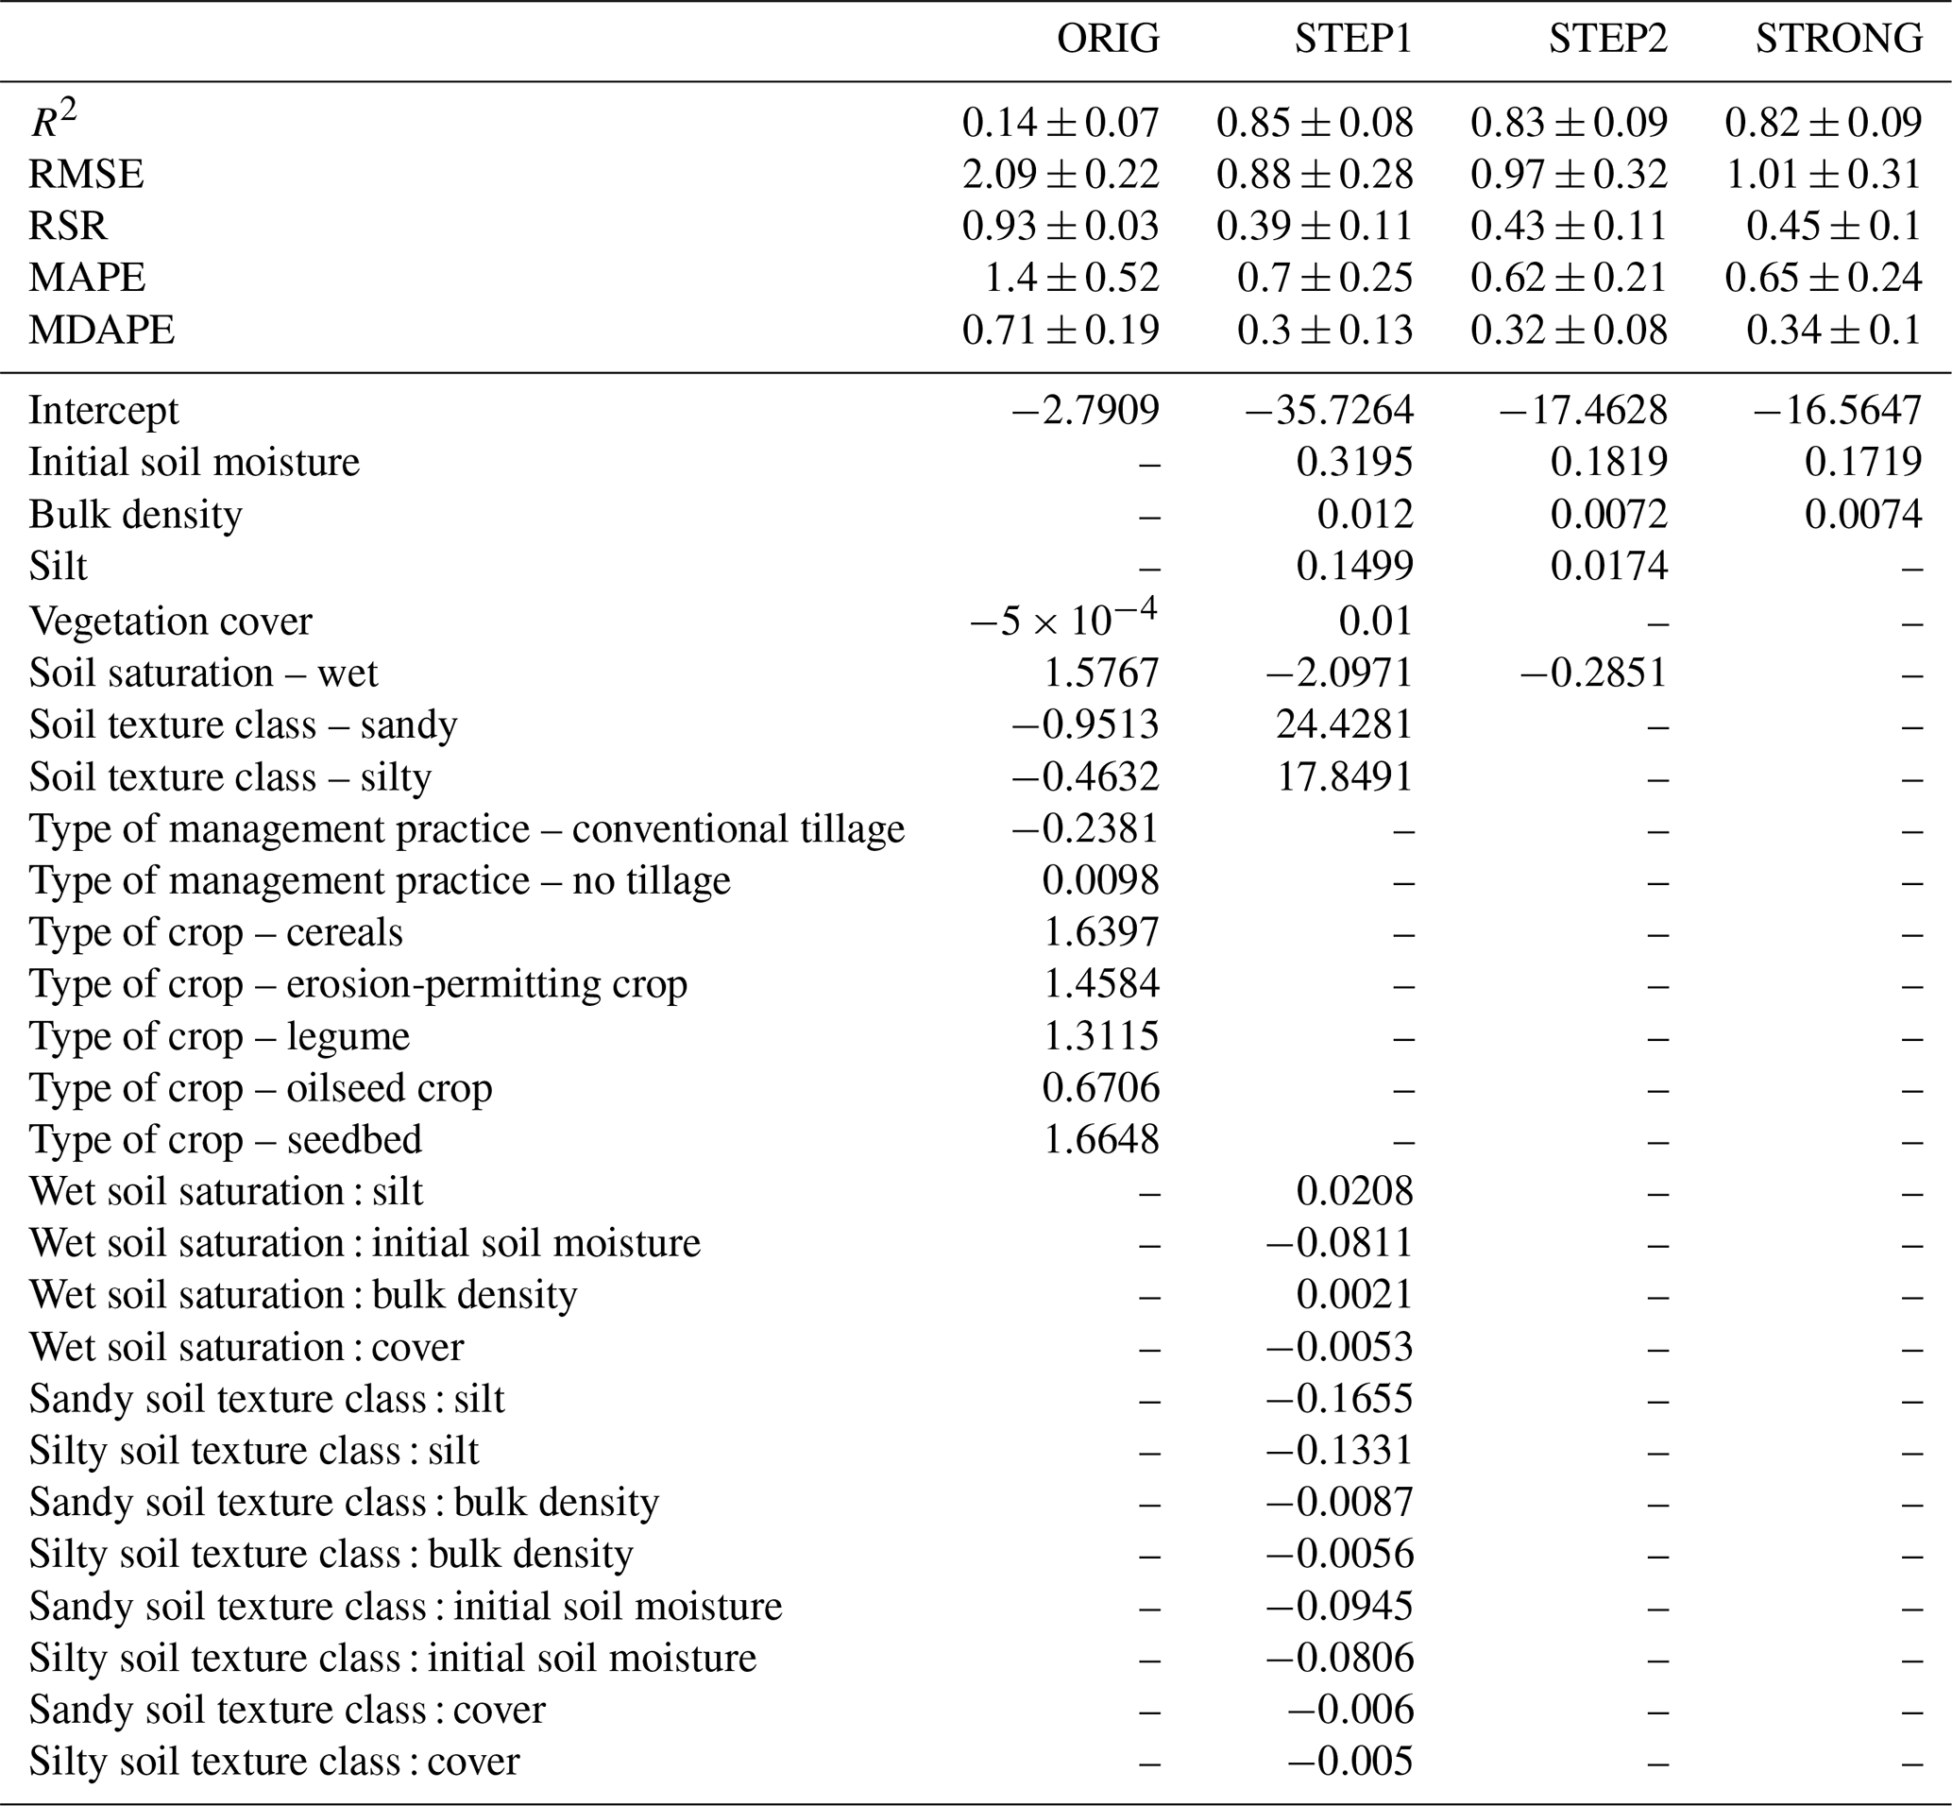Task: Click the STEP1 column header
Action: click(x=1353, y=39)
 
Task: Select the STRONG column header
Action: click(x=1839, y=39)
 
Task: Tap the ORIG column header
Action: click(x=1108, y=39)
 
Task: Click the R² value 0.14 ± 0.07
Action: click(x=1060, y=122)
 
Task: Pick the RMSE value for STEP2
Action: click(x=1569, y=174)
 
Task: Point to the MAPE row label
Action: click(x=87, y=278)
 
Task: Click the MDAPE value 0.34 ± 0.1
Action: click(x=1834, y=331)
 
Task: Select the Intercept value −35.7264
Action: click(x=1329, y=410)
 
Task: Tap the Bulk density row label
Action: click(x=136, y=514)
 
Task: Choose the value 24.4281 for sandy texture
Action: click(x=1345, y=724)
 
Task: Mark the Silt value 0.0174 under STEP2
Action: click(x=1608, y=567)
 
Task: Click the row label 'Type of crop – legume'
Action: click(x=220, y=1036)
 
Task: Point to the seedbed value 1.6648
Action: click(x=1101, y=1139)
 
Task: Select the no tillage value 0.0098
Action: click(x=1100, y=880)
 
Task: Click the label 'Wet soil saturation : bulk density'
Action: click(x=303, y=1295)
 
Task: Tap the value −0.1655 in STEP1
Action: click(x=1339, y=1399)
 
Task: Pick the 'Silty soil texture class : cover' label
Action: click(x=275, y=1761)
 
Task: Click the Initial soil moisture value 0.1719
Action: click(x=1863, y=461)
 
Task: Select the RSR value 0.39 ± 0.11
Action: click(x=1314, y=226)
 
